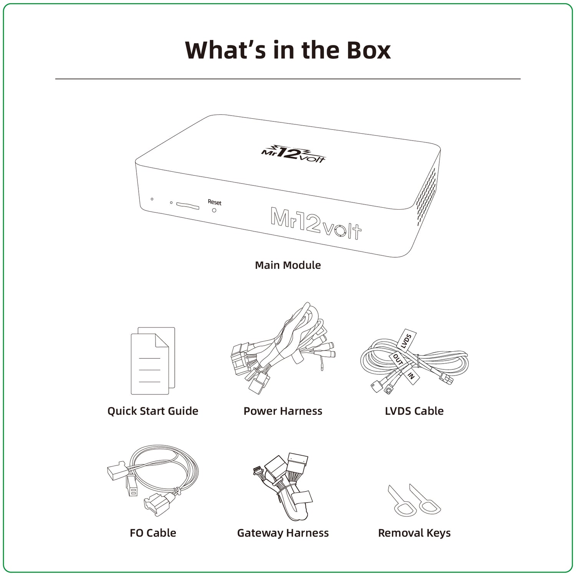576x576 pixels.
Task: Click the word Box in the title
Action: pos(369,50)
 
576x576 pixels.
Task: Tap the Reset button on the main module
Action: pos(214,210)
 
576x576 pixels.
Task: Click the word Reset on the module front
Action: pos(215,202)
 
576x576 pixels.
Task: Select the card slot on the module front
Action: pos(188,206)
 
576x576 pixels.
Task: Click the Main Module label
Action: pos(288,265)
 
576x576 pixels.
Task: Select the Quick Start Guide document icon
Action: pos(153,361)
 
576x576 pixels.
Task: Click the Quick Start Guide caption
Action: pos(153,411)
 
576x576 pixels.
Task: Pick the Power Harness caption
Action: pos(283,411)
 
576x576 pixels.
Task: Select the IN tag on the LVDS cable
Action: pos(411,375)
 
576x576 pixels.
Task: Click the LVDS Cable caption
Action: pos(414,411)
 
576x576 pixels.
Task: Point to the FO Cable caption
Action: pos(153,533)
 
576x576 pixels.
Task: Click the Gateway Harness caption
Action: pos(283,533)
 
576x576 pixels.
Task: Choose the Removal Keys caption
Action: pos(414,533)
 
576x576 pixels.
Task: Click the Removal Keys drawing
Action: pos(414,500)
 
